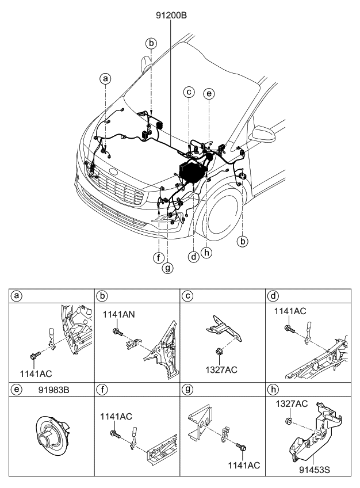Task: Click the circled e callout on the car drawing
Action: point(209,92)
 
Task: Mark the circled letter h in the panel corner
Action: point(272,390)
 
